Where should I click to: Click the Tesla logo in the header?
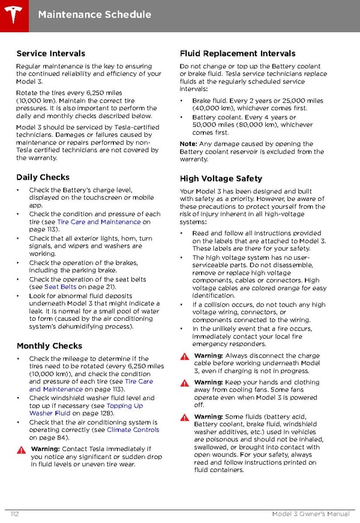13,13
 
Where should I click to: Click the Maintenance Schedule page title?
94,14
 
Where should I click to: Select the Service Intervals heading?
51,54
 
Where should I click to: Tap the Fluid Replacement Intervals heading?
238,54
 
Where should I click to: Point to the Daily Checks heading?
43,178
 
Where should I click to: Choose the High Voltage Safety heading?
221,178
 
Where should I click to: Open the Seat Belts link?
61,287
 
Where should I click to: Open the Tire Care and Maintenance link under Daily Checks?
98,222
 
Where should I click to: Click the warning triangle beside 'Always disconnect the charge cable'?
185,356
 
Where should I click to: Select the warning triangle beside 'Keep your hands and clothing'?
185,383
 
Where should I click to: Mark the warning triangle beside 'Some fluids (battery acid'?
185,417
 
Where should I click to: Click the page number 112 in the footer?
15,513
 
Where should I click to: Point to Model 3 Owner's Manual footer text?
310,513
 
